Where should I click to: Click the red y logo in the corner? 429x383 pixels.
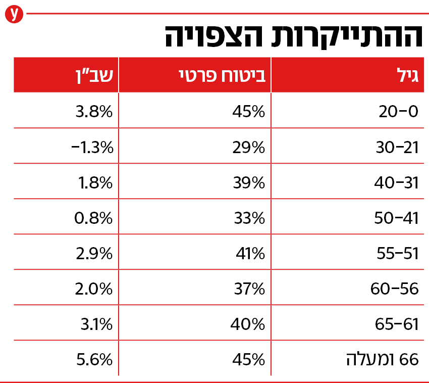(x=13, y=14)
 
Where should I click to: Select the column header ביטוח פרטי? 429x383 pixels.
(x=223, y=76)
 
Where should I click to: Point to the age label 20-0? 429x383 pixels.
(x=399, y=112)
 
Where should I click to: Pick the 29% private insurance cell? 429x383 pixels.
(x=249, y=148)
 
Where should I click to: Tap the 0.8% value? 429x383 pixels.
(x=94, y=218)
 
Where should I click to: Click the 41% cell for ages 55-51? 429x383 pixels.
(x=250, y=254)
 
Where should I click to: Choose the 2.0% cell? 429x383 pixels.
(x=94, y=289)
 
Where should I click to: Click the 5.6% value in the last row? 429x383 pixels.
(x=94, y=360)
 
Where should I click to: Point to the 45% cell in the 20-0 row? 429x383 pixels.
(x=249, y=112)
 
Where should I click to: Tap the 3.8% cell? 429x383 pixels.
(x=94, y=112)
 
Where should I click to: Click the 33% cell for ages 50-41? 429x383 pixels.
(x=249, y=218)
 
